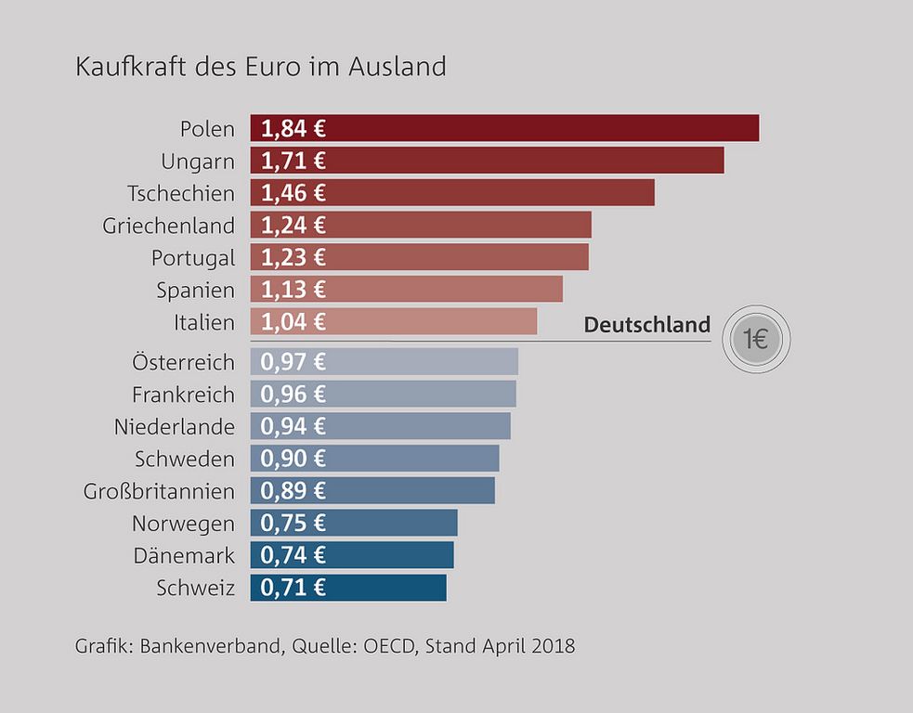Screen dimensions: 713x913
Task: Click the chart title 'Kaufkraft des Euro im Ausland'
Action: coord(260,68)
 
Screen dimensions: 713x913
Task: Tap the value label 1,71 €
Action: coord(293,161)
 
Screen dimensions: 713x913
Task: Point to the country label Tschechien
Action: coord(181,193)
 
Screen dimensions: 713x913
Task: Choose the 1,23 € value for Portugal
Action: coord(293,257)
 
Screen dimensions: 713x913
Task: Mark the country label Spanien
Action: coord(196,290)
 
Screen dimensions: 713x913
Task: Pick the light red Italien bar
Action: coord(394,322)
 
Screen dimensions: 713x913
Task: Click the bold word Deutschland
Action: coord(646,325)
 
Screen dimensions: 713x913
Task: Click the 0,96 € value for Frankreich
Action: coord(293,395)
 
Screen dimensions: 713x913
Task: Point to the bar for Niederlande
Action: coord(381,426)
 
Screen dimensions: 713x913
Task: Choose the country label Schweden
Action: coord(185,459)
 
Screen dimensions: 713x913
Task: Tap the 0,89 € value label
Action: coord(293,490)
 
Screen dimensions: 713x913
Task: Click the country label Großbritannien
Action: coord(159,491)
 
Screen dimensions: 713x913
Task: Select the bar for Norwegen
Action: coord(354,523)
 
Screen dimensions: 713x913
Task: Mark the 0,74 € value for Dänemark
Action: coord(293,555)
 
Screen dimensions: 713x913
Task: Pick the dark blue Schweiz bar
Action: coord(348,588)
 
